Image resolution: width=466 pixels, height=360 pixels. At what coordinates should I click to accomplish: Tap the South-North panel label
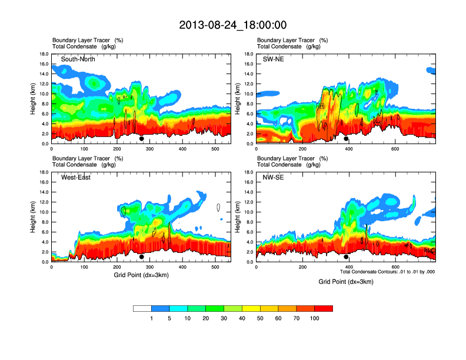click(x=78, y=59)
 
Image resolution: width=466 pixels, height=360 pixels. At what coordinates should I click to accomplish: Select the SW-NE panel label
click(x=273, y=59)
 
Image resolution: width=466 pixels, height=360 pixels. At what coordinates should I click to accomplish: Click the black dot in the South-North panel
click(x=141, y=139)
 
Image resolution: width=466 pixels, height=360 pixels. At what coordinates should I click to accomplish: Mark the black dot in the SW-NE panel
click(x=346, y=139)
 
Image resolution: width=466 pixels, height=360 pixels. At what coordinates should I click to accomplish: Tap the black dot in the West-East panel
click(x=141, y=257)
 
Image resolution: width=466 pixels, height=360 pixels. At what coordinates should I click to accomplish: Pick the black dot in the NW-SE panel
click(x=346, y=257)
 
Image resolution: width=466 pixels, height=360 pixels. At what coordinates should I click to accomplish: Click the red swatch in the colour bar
click(x=324, y=308)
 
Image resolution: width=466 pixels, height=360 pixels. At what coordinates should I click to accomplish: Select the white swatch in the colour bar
click(x=142, y=308)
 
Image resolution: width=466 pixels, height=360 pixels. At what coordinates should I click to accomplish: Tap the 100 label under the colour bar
click(x=315, y=318)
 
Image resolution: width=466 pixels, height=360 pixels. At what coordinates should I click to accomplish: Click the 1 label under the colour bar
click(x=152, y=318)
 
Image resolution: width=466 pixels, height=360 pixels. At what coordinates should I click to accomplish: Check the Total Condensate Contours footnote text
click(x=387, y=272)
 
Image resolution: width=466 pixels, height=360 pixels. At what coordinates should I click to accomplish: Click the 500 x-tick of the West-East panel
click(x=215, y=267)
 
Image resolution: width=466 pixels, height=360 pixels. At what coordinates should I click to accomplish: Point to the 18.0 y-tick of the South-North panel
click(x=44, y=54)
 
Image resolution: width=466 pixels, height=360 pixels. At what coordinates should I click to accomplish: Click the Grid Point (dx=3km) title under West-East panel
click(x=141, y=275)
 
